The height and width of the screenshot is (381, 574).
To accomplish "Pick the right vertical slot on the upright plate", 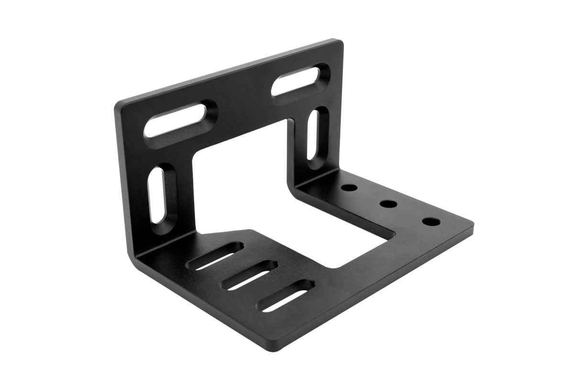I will [316, 135].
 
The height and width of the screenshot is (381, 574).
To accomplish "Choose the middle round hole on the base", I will [388, 204].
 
